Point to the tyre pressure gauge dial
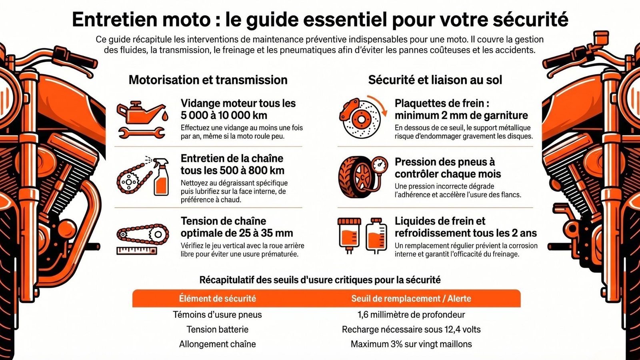click(379, 164)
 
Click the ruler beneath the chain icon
click(136, 251)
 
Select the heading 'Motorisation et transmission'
click(208, 80)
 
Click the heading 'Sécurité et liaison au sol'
click(435, 80)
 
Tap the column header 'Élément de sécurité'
click(217, 298)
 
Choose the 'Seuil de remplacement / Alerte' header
click(411, 298)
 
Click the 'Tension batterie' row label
click(217, 329)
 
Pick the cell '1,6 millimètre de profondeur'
click(411, 314)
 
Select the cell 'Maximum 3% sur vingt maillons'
click(411, 344)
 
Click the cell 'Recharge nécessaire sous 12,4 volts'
click(411, 329)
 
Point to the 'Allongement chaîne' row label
click(217, 344)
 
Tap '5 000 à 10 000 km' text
click(224, 115)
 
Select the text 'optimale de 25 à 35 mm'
click(237, 233)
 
